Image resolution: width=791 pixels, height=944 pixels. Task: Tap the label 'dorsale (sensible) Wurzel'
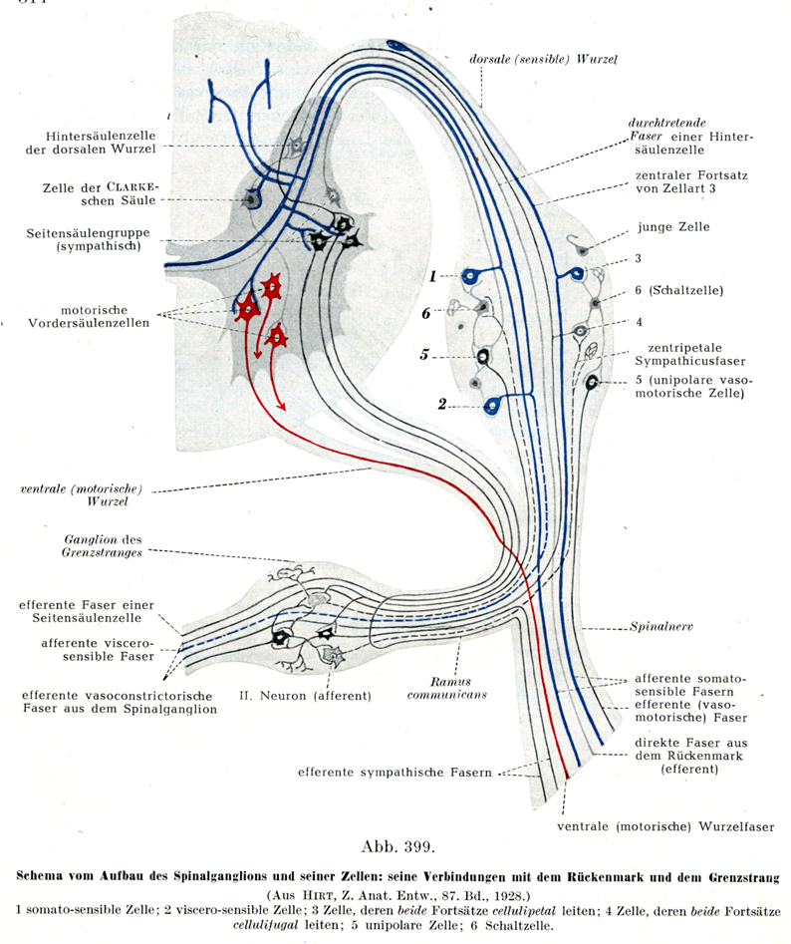click(x=543, y=59)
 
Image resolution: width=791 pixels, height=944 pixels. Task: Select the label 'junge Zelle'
click(x=676, y=226)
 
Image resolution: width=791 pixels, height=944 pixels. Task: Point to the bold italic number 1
click(x=433, y=275)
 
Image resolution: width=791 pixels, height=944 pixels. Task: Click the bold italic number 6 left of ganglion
click(x=425, y=312)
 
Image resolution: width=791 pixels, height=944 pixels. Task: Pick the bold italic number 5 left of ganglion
click(x=424, y=354)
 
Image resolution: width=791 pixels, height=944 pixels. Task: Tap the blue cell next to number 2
click(x=491, y=406)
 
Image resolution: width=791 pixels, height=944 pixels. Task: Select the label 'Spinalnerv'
click(x=661, y=629)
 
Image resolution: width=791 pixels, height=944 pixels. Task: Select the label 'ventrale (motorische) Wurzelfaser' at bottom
click(x=665, y=825)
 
